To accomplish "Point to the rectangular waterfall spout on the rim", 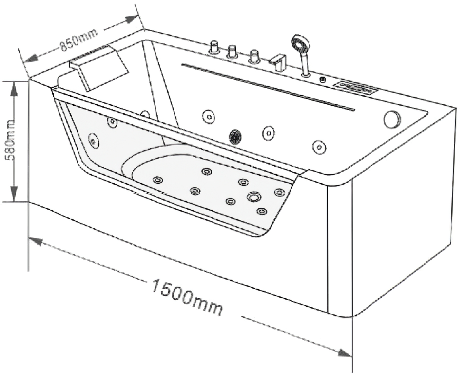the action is pos(278,62).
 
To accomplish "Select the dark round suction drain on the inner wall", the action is pos(235,137).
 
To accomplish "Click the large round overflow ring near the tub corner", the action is pos(392,119).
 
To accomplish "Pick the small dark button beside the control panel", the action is pos(322,79).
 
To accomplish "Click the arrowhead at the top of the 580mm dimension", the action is pos(14,89).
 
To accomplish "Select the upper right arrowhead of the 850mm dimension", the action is pos(132,20).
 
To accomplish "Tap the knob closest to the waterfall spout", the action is pos(254,57).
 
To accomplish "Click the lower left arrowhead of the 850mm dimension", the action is pos(30,58).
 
